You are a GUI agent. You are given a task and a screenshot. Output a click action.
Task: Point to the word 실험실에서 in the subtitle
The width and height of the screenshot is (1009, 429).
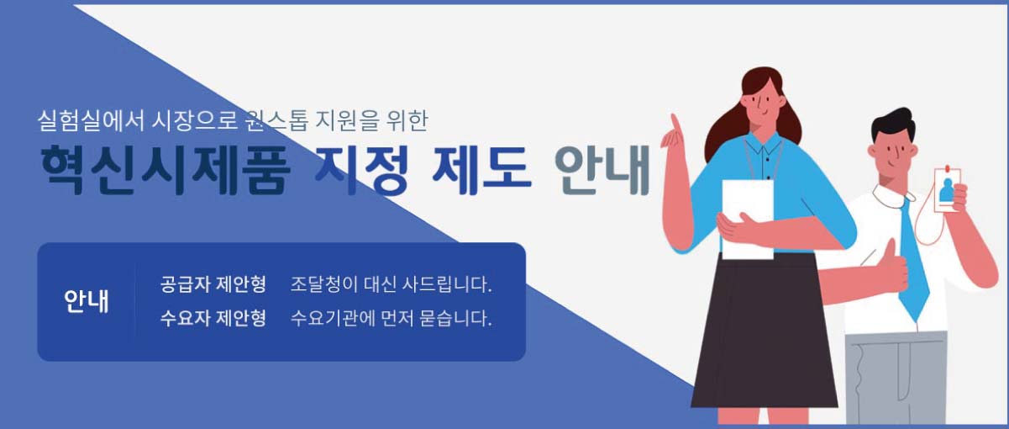[81, 121]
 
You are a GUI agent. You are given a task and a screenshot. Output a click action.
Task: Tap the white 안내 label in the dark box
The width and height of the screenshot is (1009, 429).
[86, 301]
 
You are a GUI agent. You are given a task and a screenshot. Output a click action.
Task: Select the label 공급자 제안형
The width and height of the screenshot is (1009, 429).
[213, 284]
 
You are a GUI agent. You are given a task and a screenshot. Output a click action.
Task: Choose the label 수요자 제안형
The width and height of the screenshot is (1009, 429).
[213, 319]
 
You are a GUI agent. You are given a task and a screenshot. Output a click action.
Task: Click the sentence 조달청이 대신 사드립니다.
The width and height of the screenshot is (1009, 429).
[391, 284]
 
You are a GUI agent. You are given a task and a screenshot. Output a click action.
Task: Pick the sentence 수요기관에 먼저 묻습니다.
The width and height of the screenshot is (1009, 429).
[391, 319]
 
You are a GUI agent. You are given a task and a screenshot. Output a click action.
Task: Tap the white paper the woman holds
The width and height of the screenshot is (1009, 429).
[748, 214]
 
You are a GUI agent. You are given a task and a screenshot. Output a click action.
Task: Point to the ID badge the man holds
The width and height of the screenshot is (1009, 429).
[947, 189]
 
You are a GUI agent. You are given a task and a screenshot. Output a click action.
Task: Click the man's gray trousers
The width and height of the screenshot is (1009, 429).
[895, 379]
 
